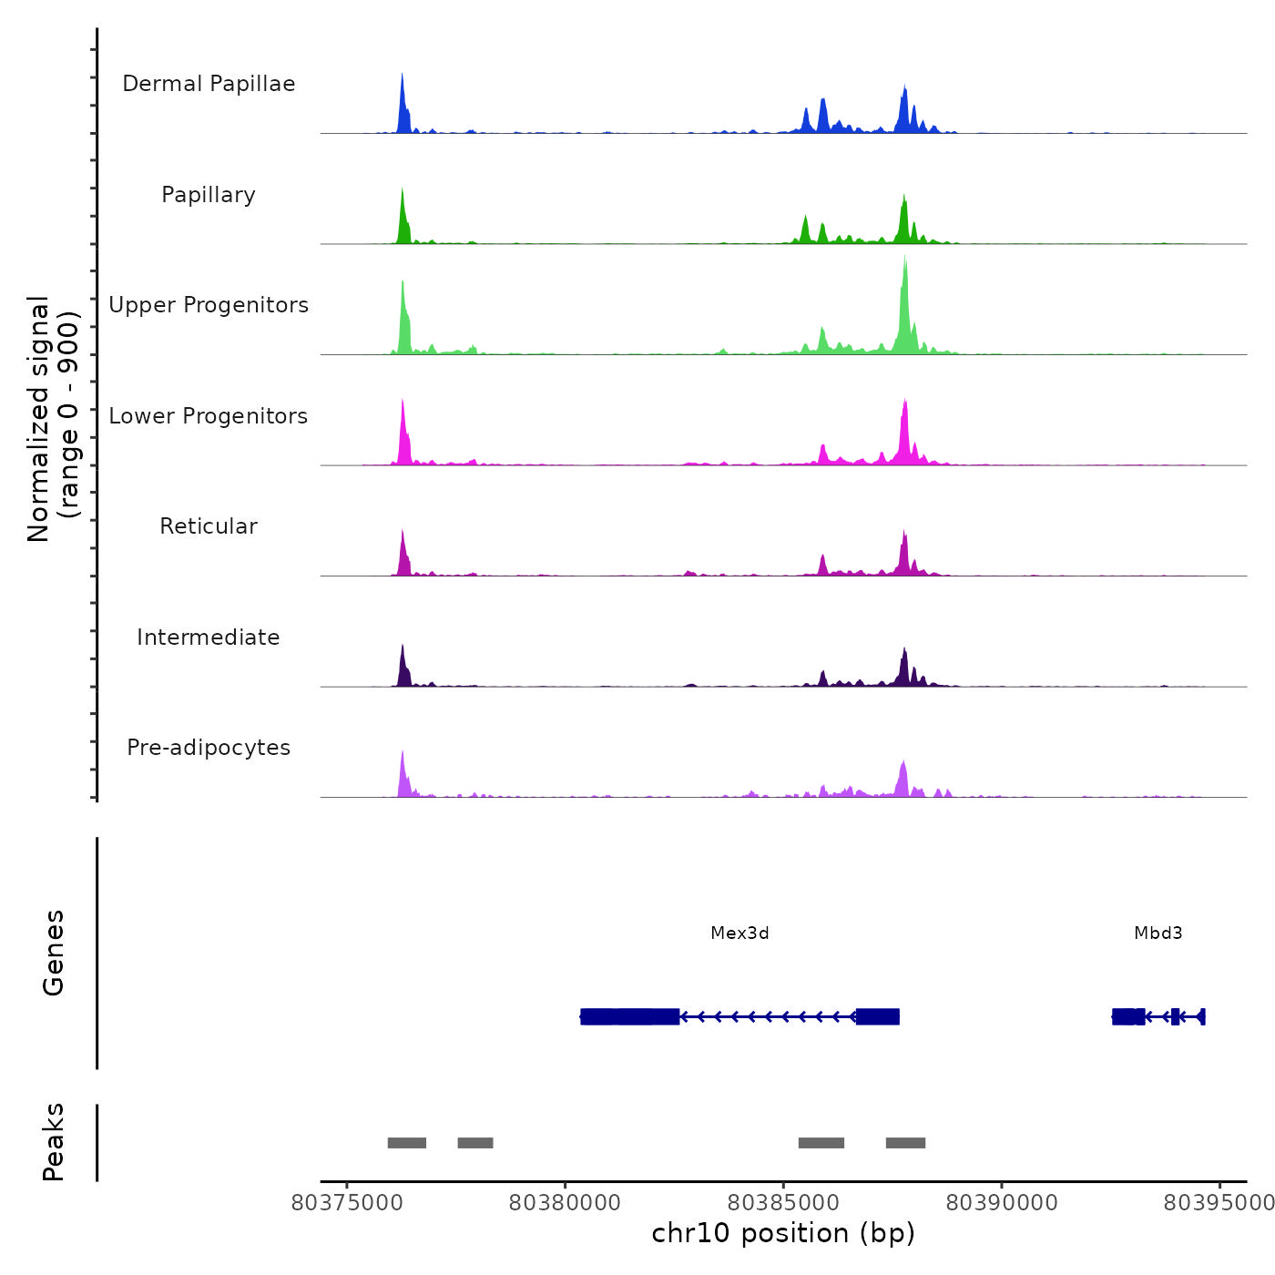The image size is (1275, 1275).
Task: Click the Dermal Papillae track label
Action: click(209, 84)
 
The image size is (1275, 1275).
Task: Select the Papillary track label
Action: click(209, 195)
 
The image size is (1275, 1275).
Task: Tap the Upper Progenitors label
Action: click(209, 305)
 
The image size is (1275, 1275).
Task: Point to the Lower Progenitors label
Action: click(209, 416)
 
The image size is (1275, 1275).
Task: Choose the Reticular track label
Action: click(209, 526)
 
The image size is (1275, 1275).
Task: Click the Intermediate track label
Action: click(209, 637)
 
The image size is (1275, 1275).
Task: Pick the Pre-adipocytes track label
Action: click(209, 748)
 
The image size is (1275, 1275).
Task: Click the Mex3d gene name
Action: click(739, 933)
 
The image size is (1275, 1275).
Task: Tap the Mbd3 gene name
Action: click(1158, 933)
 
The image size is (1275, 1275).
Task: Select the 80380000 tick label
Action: click(565, 1203)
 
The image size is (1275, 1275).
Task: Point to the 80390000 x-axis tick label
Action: click(1002, 1203)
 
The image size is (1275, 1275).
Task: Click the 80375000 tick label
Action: click(347, 1203)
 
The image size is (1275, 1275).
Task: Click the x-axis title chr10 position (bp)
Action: click(783, 1233)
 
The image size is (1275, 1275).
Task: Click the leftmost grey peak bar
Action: click(406, 1143)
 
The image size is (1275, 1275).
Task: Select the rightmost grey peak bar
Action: click(905, 1143)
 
